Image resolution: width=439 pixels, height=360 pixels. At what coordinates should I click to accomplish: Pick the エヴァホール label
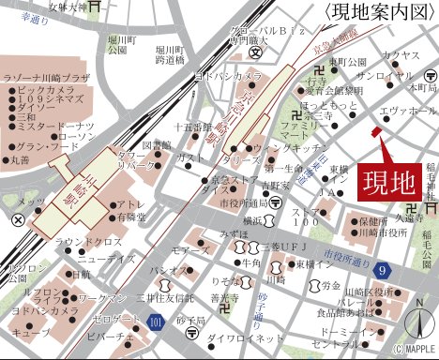point(406,110)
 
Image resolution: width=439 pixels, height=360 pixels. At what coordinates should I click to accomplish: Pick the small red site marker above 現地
point(377,132)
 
